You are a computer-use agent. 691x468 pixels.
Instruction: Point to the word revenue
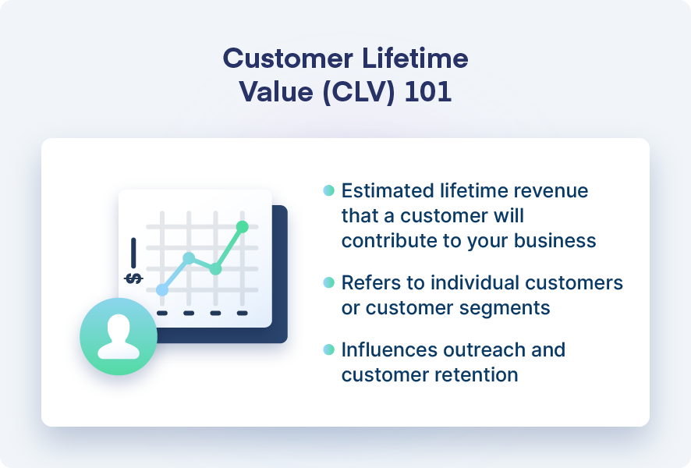551,191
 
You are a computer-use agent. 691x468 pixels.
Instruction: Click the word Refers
368,282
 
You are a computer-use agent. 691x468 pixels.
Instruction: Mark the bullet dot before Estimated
328,190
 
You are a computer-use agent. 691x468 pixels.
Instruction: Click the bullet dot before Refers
328,282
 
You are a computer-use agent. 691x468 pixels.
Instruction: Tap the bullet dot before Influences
328,349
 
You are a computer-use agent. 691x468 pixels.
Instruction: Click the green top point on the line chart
242,226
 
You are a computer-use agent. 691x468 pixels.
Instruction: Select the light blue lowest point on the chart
162,289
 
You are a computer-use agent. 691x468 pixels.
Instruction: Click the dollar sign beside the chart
133,278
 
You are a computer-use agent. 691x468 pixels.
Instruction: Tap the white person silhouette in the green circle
119,337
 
